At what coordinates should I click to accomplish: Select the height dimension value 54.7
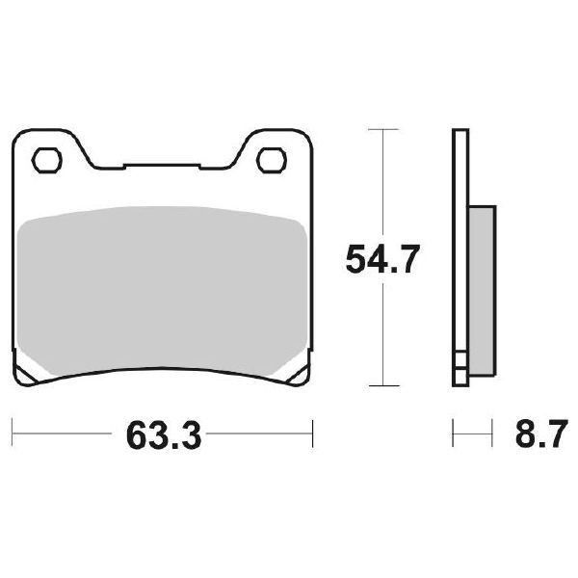[x=382, y=260]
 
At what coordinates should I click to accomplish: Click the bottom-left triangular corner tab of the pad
[x=28, y=375]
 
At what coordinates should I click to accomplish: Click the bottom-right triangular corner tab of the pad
[x=296, y=375]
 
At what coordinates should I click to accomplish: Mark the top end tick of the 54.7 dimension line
[x=384, y=128]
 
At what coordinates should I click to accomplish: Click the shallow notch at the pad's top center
[x=161, y=166]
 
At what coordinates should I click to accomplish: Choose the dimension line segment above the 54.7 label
[x=384, y=183]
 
